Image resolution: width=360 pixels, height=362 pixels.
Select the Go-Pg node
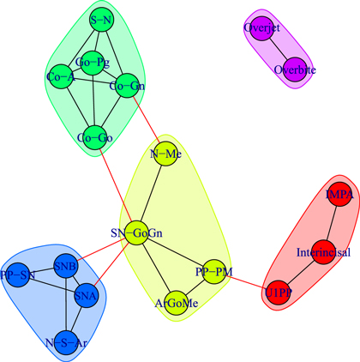pos(93,62)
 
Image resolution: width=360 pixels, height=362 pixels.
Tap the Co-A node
pos(58,78)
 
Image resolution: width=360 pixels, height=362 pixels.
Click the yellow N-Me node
pos(165,154)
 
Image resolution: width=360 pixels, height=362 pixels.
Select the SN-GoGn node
pos(137,232)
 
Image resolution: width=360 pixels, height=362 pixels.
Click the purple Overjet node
pos(261,27)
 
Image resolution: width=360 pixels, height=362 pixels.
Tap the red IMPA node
pos(339,196)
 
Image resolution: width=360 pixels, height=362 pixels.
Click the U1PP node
pos(278,293)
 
